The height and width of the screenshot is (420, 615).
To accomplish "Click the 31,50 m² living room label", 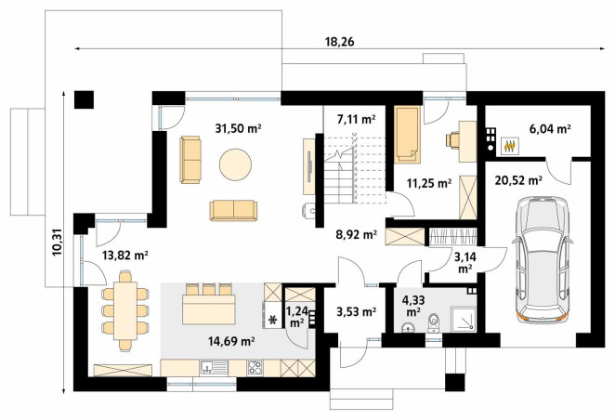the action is pos(238,128).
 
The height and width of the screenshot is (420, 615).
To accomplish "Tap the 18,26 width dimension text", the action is pos(339,42).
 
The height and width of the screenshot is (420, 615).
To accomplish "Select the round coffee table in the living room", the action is pos(235,164).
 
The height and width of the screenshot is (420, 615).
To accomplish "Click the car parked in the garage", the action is pos(543,259).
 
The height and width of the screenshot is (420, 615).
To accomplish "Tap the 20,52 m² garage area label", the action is pos(518,180).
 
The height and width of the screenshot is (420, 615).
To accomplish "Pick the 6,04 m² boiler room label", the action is pos(550,128).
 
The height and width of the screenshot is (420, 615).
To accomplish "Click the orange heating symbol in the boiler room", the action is pos(509,146).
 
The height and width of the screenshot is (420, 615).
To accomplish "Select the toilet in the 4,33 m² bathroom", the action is pos(434,322).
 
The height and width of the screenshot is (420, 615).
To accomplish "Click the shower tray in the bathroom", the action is pos(464,319).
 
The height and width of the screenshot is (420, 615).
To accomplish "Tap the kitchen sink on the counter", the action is pos(214,367).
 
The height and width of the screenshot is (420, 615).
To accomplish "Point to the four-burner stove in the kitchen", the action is pos(255,368).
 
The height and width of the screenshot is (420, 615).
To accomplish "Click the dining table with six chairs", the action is pos(125,309).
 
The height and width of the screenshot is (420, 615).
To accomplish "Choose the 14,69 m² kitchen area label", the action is pos(231,341).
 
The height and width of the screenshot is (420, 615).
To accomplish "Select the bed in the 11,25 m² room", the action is pos(407,135).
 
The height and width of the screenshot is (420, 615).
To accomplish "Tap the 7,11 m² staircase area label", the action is pos(356,118).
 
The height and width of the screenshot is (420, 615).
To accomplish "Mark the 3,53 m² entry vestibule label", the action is pos(356,312).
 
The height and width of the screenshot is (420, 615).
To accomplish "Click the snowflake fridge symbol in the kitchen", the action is pos(271,321).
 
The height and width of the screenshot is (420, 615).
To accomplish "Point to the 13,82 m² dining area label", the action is pos(124,256).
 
